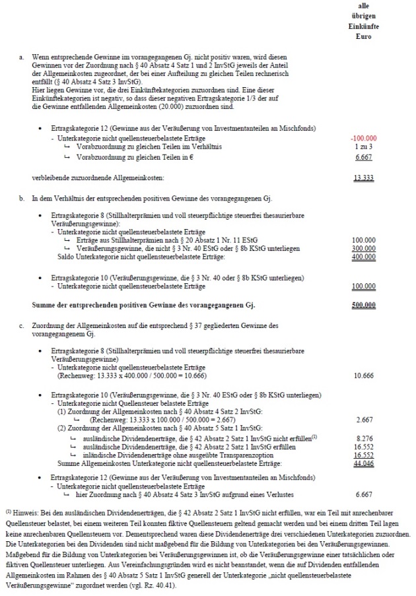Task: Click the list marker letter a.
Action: [x=21, y=58]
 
